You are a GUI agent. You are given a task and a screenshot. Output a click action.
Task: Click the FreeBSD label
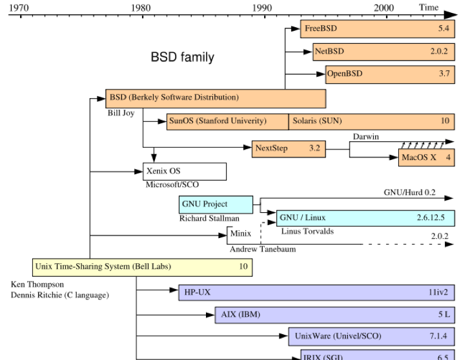pos(321,28)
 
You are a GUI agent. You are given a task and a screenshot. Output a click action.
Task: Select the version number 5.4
pos(444,28)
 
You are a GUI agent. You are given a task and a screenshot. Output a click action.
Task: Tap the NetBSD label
pos(329,51)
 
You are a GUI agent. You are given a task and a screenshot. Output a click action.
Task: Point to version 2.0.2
pos(439,51)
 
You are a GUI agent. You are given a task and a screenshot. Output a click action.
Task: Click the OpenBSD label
pos(345,74)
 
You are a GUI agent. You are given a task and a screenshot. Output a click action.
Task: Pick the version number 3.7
pos(444,74)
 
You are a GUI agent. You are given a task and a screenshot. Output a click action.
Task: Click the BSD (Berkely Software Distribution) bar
pos(216,98)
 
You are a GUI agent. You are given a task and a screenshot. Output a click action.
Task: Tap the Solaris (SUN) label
pos(317,121)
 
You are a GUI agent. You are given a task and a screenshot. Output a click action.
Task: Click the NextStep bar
pos(288,148)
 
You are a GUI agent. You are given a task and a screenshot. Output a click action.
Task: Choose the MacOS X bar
pos(426,157)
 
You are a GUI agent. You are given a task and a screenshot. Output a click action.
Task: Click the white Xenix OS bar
pos(185,172)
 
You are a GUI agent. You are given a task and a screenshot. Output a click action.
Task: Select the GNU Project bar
pos(216,205)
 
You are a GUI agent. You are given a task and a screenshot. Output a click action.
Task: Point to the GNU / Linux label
pos(302,218)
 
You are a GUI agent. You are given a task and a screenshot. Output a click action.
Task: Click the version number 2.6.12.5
pos(431,218)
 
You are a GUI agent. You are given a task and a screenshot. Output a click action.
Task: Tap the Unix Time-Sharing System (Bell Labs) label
pos(103,266)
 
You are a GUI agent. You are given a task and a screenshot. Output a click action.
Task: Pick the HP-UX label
pos(198,292)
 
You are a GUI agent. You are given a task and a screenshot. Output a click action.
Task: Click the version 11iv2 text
pos(438,292)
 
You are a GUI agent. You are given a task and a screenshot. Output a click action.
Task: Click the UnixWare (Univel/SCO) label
pos(338,336)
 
